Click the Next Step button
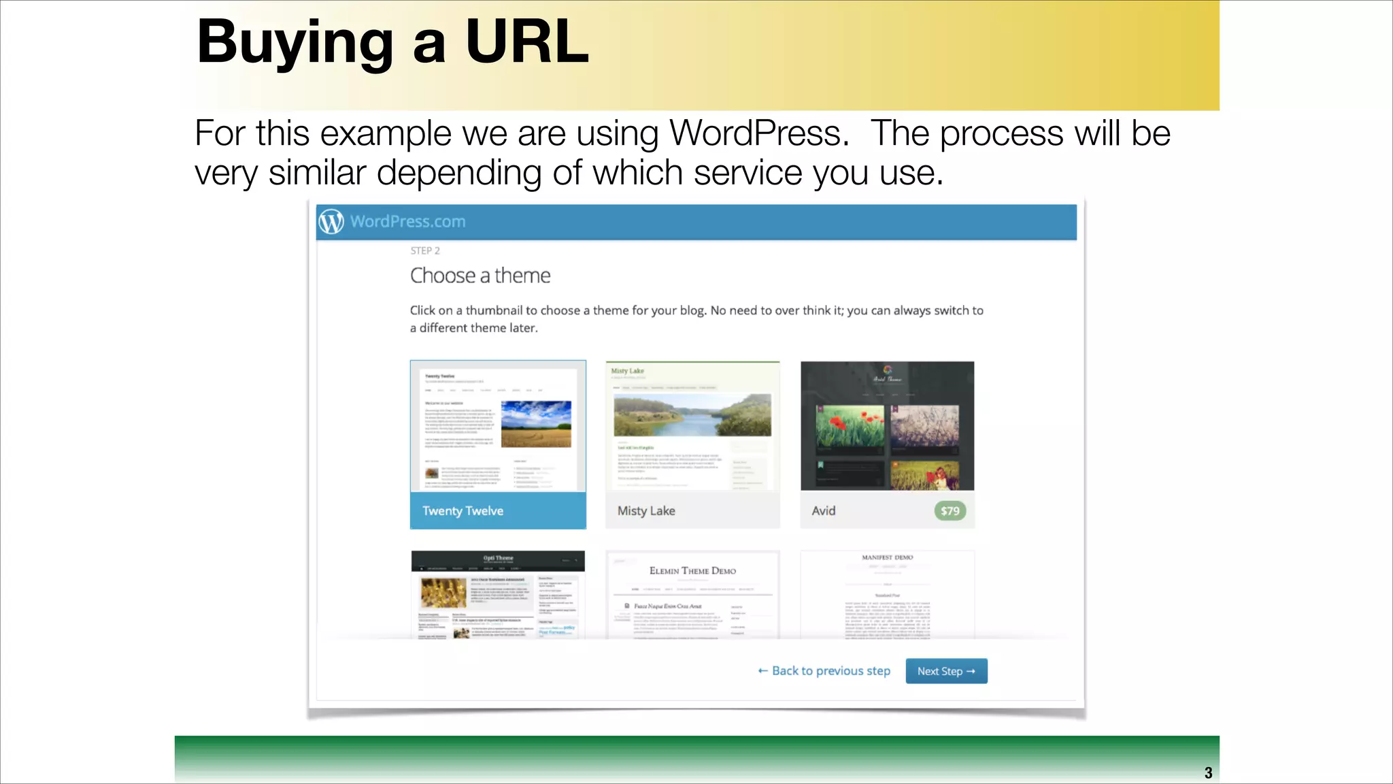click(946, 671)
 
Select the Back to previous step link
click(824, 671)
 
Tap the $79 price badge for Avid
click(950, 511)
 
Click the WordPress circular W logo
click(331, 222)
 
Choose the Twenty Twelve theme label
click(463, 511)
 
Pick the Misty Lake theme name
click(646, 511)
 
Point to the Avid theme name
click(824, 511)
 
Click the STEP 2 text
click(425, 250)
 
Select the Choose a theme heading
click(480, 276)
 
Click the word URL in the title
click(527, 42)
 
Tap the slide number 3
click(1208, 773)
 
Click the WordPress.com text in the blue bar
click(408, 222)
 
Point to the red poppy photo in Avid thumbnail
click(850, 429)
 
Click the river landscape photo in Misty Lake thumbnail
click(692, 415)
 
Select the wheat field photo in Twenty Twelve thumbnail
click(536, 423)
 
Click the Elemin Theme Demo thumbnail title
click(692, 571)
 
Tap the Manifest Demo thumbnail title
click(887, 557)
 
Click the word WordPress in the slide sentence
click(755, 133)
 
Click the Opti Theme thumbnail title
click(499, 558)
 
